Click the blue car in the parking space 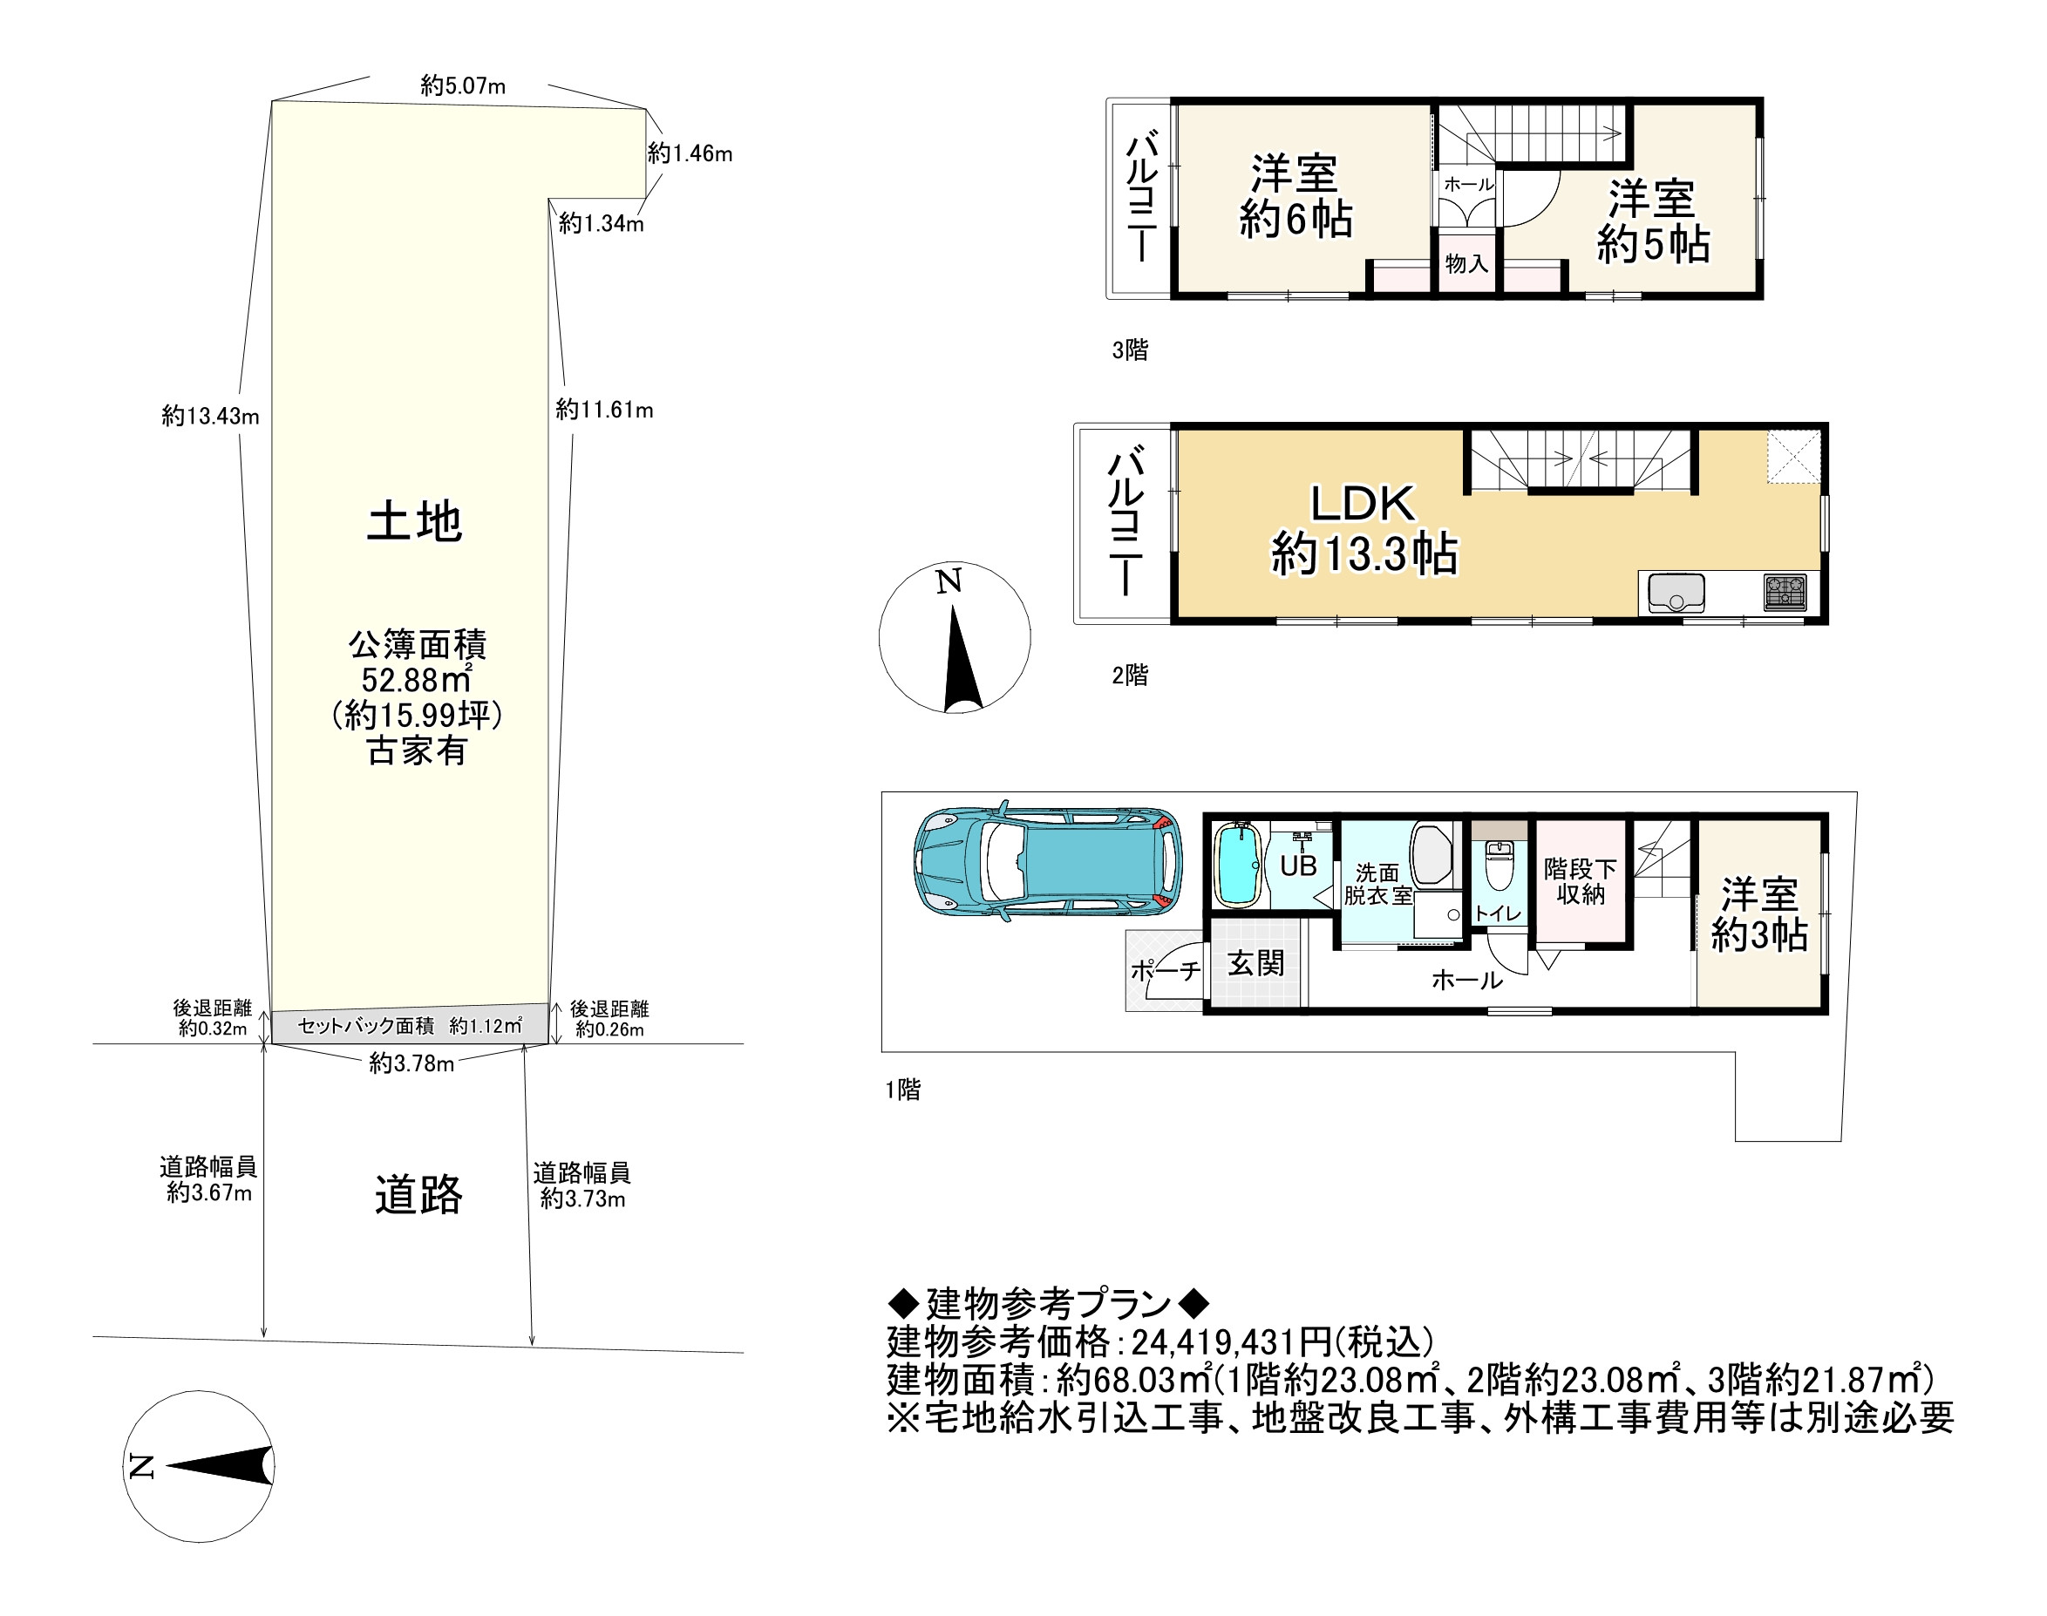coord(1047,862)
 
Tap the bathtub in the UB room coord(1236,864)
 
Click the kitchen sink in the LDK coord(1676,594)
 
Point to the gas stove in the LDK coord(1785,594)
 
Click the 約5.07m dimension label coord(463,86)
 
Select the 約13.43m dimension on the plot coord(210,416)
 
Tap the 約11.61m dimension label coord(605,410)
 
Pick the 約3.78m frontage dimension coord(411,1063)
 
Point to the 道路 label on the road coord(418,1194)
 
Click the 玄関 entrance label coord(1255,963)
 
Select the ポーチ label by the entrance coord(1165,970)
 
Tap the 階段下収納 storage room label coord(1581,881)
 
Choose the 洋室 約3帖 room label coord(1759,914)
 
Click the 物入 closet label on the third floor coord(1467,263)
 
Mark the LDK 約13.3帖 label coord(1364,529)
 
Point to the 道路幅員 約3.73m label coord(582,1185)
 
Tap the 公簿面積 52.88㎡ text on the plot coord(418,662)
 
